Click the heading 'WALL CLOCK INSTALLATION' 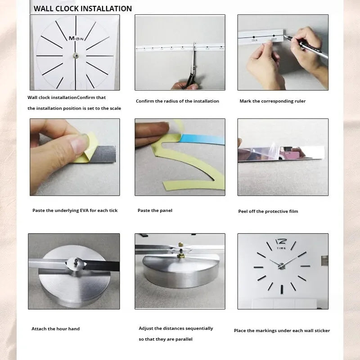point(83,9)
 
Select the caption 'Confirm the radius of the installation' point(177,101)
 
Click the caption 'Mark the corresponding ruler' point(272,101)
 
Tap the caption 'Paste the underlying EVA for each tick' point(75,210)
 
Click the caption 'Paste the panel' point(155,210)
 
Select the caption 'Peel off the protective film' point(268,211)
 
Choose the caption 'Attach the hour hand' point(55,329)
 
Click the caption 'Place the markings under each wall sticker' point(282,330)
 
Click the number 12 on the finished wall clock point(280,242)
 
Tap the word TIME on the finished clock point(281,248)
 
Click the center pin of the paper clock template point(75,55)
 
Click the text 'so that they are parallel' point(166,339)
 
